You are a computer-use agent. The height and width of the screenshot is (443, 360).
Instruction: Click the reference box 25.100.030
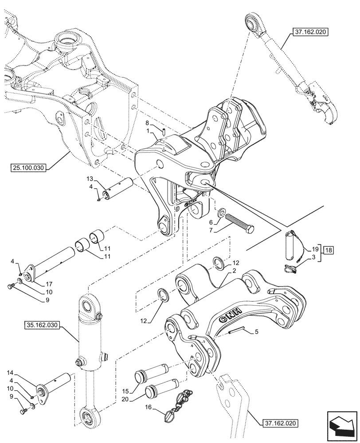tap(27, 167)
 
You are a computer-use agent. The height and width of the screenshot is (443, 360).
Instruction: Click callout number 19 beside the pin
tap(309, 249)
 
